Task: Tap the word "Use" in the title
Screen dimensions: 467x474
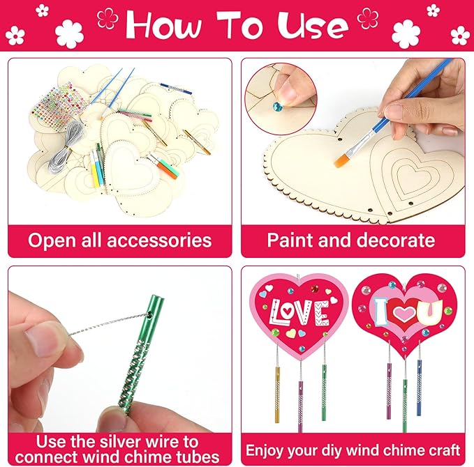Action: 312,26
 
